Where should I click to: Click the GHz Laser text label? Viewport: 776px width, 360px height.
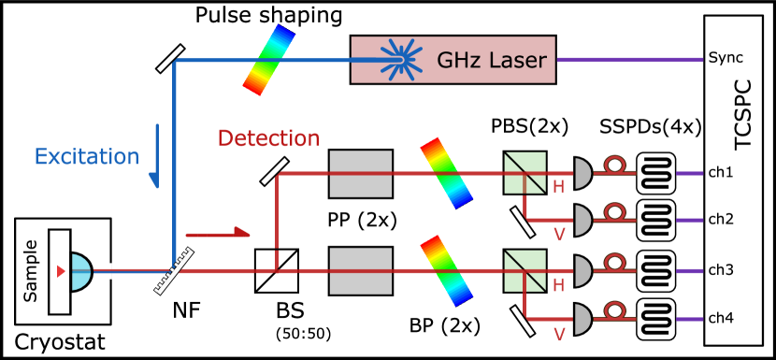[491, 61]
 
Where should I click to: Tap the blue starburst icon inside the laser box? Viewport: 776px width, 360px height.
[399, 59]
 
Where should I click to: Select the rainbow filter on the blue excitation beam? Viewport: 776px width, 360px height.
[268, 60]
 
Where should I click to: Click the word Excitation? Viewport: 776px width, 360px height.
[86, 157]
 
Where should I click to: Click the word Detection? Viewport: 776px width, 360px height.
[268, 138]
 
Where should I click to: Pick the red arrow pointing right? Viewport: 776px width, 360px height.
[218, 233]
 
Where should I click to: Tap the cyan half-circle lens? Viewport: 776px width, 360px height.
[81, 272]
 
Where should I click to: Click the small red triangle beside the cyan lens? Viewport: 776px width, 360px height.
[61, 271]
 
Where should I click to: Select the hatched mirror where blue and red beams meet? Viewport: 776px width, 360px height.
[174, 271]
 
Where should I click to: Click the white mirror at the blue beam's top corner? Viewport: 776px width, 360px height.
[170, 58]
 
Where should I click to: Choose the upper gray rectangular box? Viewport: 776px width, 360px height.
[361, 174]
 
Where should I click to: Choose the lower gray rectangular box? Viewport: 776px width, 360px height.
[361, 271]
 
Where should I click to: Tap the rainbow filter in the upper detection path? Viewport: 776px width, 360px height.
[446, 173]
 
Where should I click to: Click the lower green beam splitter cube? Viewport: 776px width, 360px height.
[525, 270]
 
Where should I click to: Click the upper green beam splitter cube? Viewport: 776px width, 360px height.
[525, 173]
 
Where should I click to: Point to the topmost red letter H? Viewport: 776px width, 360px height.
[558, 188]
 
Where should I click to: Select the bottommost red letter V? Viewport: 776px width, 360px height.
[559, 333]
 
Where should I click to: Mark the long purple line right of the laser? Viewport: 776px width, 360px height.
[629, 60]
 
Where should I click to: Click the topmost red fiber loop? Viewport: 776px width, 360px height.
[614, 166]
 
